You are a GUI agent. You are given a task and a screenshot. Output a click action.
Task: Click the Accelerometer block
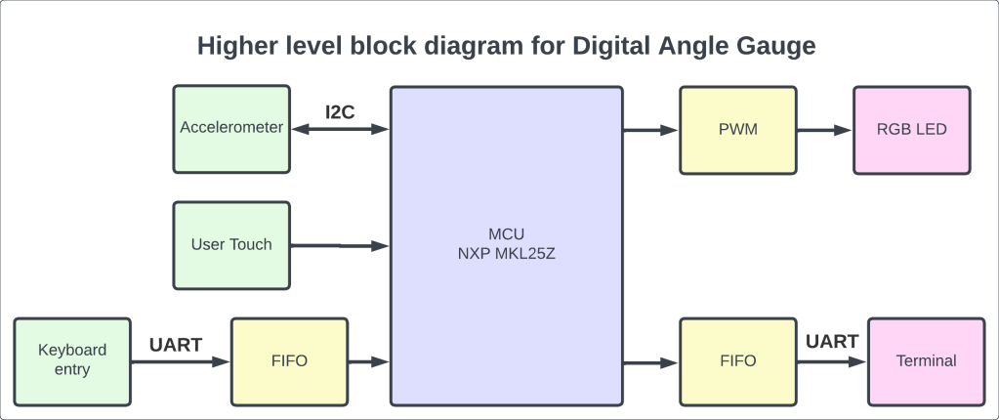[x=231, y=128]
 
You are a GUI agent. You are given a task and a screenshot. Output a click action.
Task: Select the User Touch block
[x=231, y=244]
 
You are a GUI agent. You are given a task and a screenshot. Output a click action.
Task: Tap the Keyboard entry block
[x=71, y=360]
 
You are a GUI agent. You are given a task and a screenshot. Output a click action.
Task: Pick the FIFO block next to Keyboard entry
[x=289, y=360]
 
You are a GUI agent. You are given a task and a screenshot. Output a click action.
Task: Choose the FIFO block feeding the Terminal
[x=737, y=360]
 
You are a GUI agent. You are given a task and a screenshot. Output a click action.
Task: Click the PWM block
[x=737, y=129]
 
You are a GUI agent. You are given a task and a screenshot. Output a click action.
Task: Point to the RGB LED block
[x=911, y=129]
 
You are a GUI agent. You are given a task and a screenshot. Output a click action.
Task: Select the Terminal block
[x=926, y=360]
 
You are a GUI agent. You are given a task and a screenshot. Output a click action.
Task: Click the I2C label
[x=340, y=110]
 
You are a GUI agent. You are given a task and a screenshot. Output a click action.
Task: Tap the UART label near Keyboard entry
[x=176, y=345]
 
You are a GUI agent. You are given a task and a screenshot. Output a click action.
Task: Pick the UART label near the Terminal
[x=832, y=342]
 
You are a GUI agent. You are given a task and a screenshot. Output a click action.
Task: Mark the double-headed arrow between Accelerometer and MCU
[x=340, y=129]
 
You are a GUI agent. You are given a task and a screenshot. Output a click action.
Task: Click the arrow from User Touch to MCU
[x=340, y=245]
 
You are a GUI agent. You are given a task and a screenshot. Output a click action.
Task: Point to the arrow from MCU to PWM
[x=650, y=129]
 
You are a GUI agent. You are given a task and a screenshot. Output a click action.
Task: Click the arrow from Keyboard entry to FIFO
[x=180, y=362]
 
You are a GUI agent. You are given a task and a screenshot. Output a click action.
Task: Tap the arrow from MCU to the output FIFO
[x=650, y=362]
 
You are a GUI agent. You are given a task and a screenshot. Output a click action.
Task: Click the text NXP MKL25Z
[x=505, y=253]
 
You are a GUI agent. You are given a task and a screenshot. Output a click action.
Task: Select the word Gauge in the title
[x=770, y=45]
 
